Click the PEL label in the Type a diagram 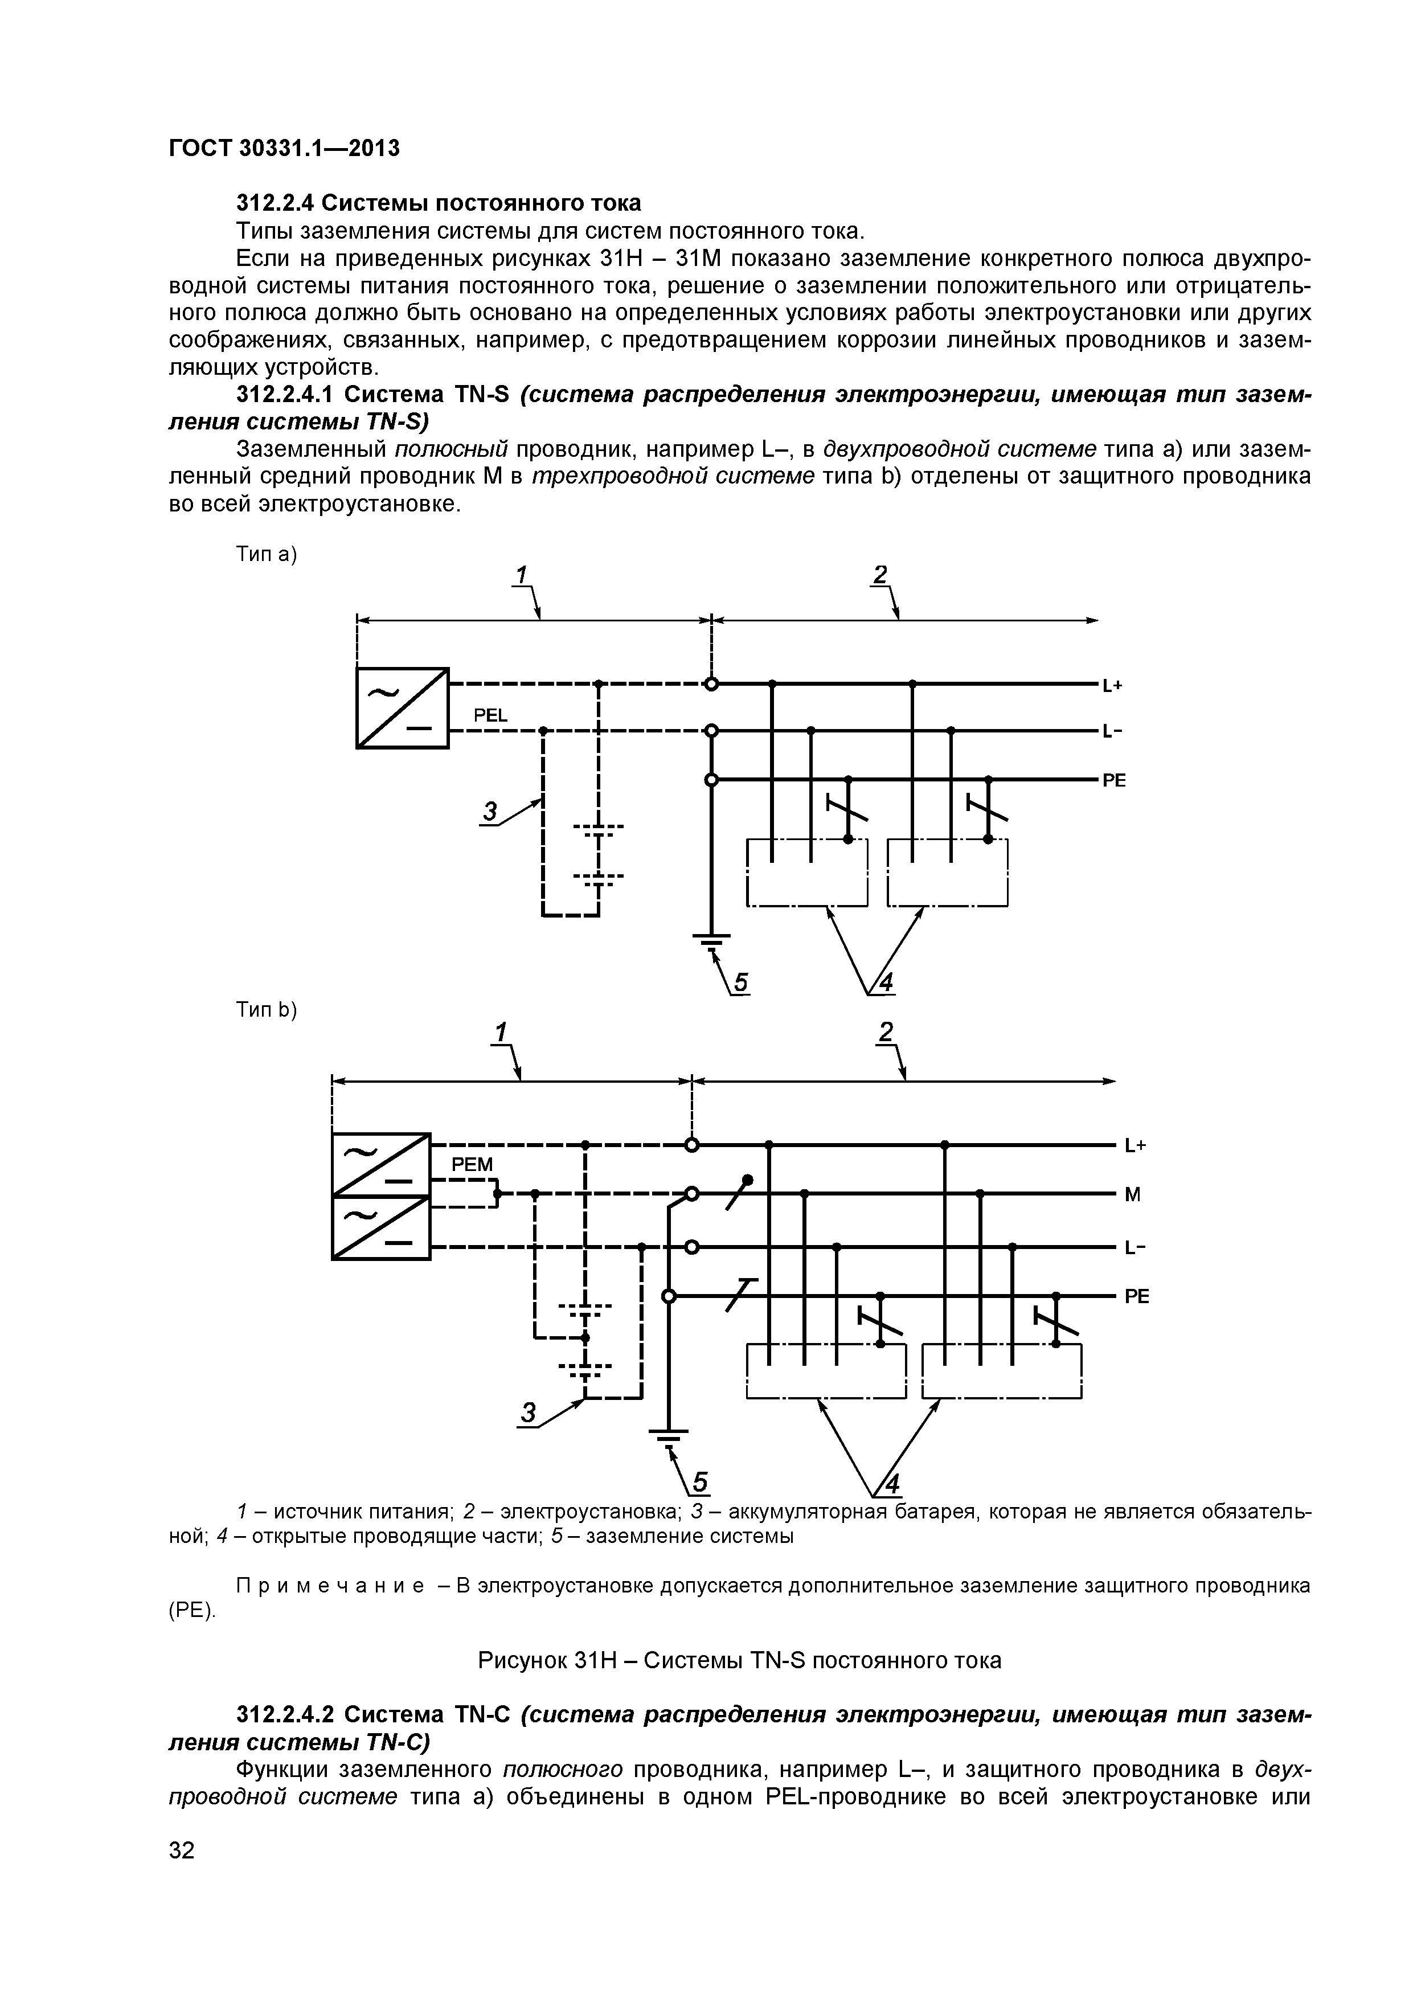[x=490, y=715]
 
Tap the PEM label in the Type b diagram [x=472, y=1164]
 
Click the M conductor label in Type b [x=1132, y=1195]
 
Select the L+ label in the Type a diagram [x=1113, y=686]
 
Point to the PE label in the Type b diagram [x=1136, y=1297]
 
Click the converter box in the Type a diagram [x=402, y=707]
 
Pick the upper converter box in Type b [x=381, y=1164]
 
